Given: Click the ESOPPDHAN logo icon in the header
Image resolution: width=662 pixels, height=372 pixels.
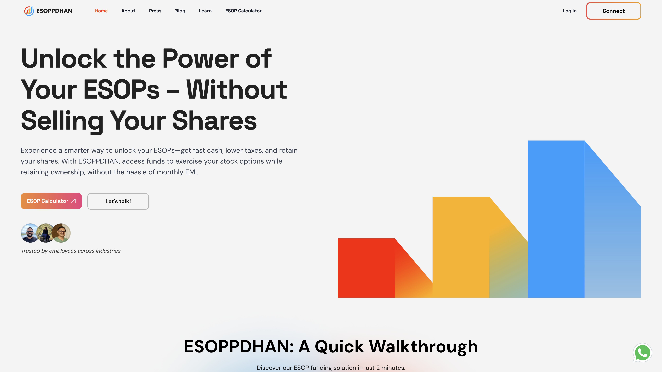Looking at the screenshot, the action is pos(29,11).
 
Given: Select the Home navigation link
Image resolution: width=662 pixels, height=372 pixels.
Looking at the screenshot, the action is pos(101,11).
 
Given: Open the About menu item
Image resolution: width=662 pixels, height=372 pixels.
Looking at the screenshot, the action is pos(128,11).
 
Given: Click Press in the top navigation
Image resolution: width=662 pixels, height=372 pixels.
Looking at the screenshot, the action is pos(155,11).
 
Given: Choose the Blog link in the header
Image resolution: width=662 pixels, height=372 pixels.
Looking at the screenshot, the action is pos(180,11).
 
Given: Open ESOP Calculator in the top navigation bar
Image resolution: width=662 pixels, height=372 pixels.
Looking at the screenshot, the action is pos(243,11).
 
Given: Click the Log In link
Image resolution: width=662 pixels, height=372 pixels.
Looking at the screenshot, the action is pos(569,11).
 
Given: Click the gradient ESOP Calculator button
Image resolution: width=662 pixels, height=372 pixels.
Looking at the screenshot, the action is pos(51,201).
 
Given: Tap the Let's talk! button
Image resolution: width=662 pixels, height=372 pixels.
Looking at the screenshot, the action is pos(118,201).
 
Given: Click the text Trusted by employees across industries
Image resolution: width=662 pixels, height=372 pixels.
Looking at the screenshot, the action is pos(71,251).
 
